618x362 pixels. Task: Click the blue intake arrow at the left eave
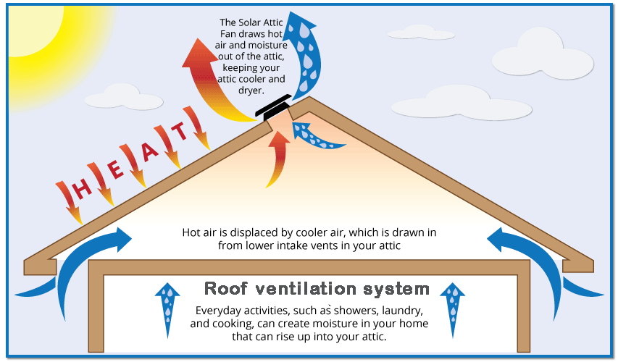coord(72,264)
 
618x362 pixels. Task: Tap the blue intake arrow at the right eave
coord(547,264)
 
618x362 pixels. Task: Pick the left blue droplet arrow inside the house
coord(168,308)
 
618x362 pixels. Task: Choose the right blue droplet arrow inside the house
coord(454,308)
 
